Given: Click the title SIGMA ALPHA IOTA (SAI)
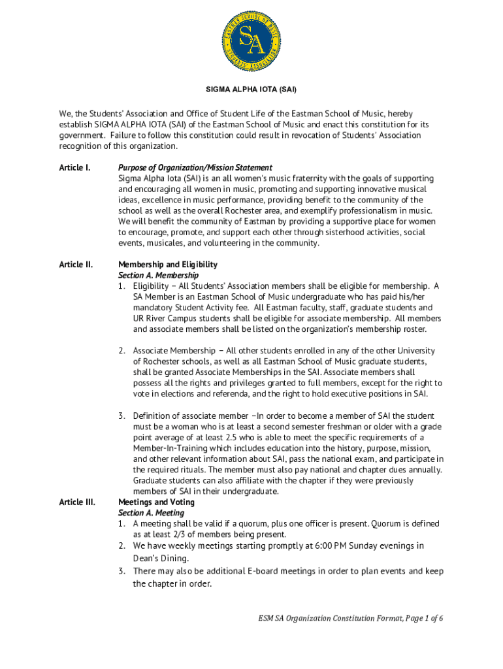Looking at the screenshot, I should [x=252, y=88].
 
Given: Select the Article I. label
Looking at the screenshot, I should [x=75, y=168].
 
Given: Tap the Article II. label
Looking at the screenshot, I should [x=76, y=265].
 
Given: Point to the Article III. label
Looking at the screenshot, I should [x=76, y=502].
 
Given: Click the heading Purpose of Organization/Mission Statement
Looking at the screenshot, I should [x=195, y=168].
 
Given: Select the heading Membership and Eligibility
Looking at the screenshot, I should [x=168, y=265].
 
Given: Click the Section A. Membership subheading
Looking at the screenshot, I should [x=158, y=275].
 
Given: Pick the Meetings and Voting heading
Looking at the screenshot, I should [x=156, y=502].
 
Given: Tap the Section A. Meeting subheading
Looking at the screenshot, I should [x=151, y=513].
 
